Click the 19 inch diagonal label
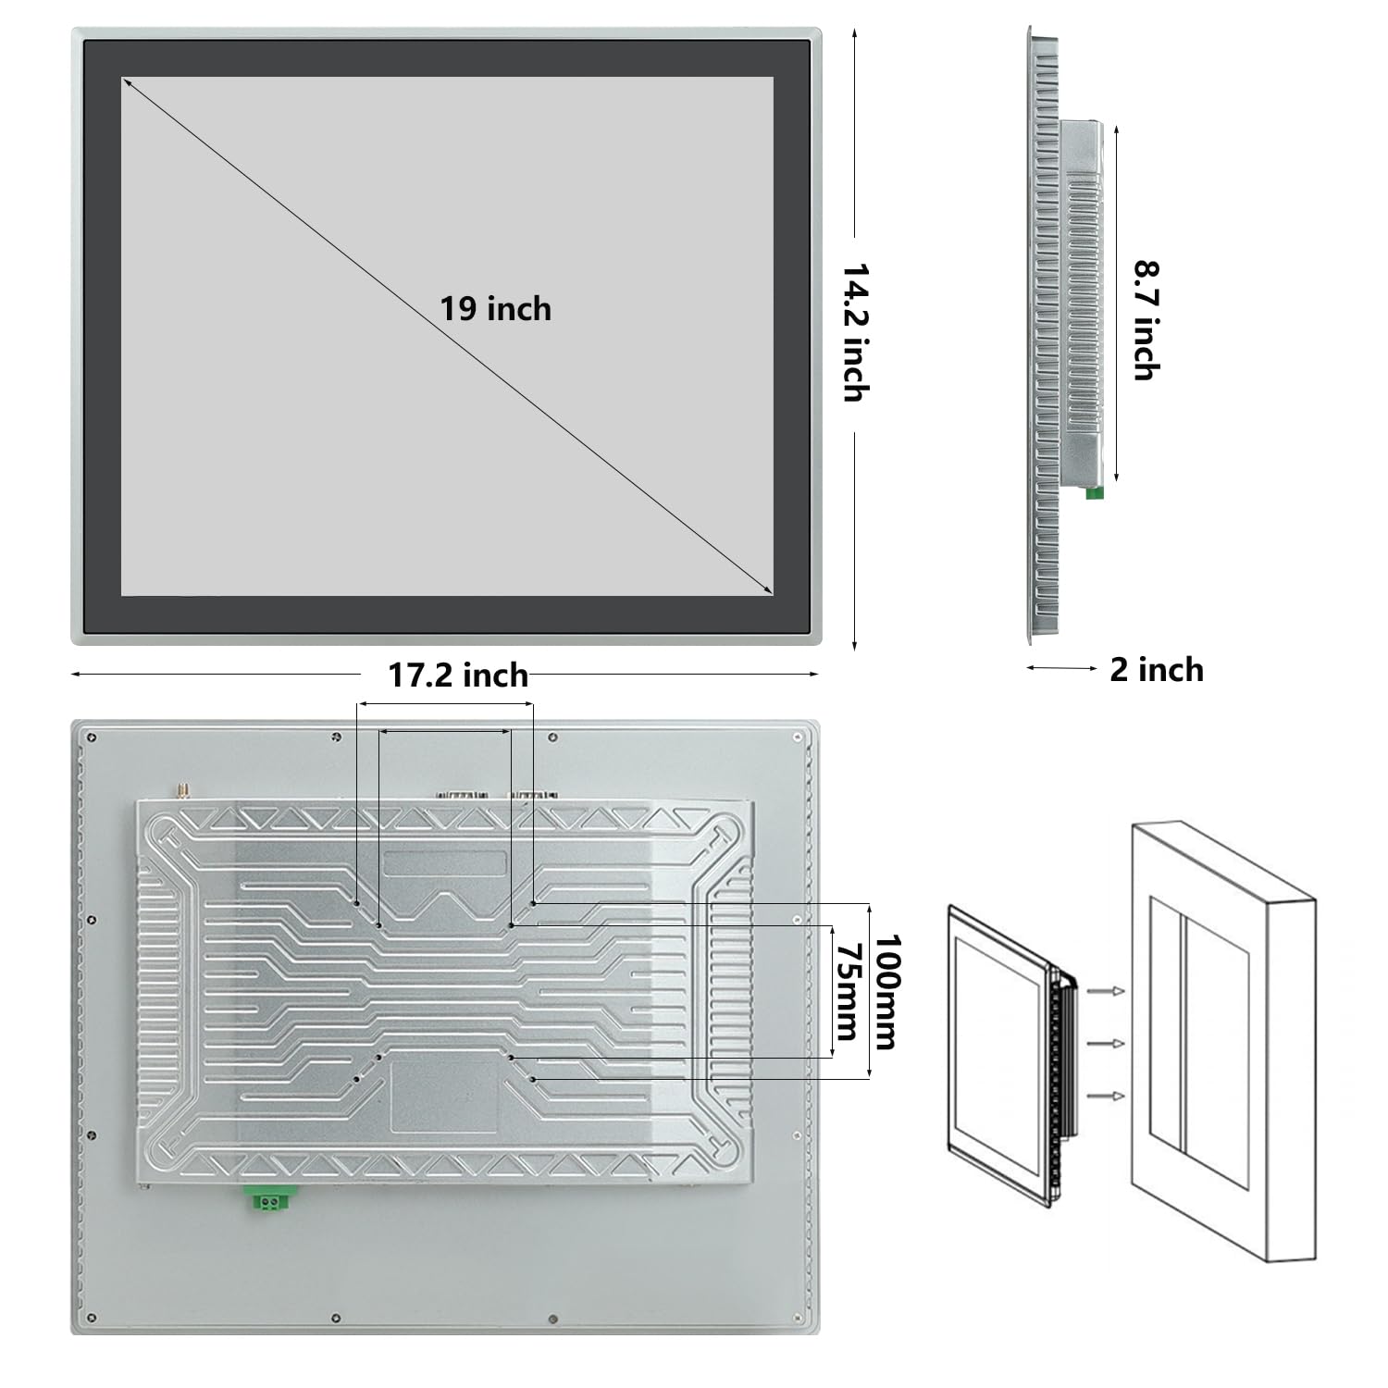coord(495,308)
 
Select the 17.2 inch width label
coord(458,675)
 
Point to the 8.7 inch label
coord(1147,320)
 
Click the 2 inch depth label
coord(1157,669)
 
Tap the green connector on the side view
coord(1095,491)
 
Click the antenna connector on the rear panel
coord(182,790)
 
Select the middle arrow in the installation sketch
coord(1107,1044)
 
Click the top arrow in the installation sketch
coord(1107,992)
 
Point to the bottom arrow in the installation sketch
coord(1107,1096)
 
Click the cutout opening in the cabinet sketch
coord(1199,1043)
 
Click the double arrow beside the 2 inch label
coord(1062,667)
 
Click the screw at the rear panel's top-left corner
coord(92,737)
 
